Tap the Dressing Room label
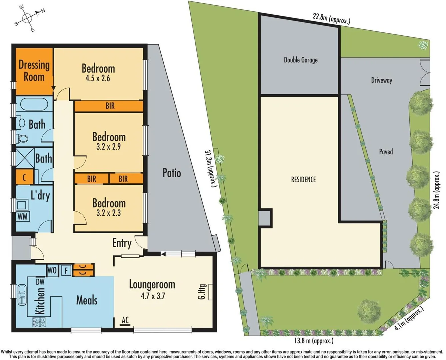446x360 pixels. click(34, 71)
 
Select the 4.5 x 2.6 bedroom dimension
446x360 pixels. click(98, 78)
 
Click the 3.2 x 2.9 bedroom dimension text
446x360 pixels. click(108, 147)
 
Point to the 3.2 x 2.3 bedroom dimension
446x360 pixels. click(108, 213)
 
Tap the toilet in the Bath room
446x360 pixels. click(22, 138)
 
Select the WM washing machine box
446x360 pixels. click(23, 216)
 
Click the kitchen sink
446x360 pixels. click(22, 294)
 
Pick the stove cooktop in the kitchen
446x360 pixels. click(39, 322)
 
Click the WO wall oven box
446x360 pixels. click(52, 270)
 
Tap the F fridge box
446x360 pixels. click(66, 270)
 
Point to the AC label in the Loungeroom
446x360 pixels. click(125, 320)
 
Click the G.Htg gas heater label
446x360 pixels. click(202, 292)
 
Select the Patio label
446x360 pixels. click(172, 173)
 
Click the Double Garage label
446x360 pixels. click(300, 60)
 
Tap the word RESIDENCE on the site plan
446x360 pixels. click(303, 180)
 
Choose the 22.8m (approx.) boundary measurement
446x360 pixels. click(331, 18)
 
